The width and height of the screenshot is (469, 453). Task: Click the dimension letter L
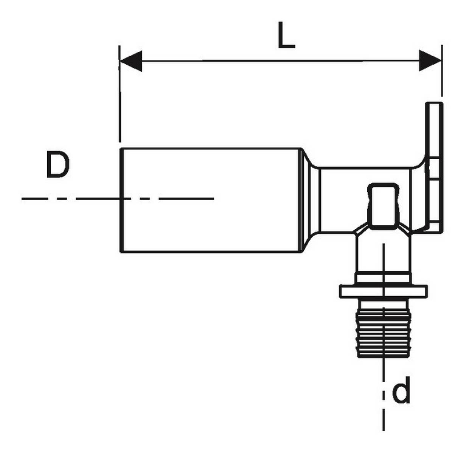coord(286,35)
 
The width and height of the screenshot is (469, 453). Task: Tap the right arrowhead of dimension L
coord(430,61)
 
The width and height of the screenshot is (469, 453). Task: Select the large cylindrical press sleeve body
coord(210,200)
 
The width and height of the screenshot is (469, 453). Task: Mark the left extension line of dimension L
coord(120,94)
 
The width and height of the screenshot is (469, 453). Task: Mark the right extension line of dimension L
coord(442,72)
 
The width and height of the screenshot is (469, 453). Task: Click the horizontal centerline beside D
coord(76,198)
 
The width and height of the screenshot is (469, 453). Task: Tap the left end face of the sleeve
coord(121,200)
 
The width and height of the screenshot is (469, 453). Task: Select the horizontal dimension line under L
coord(280,61)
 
